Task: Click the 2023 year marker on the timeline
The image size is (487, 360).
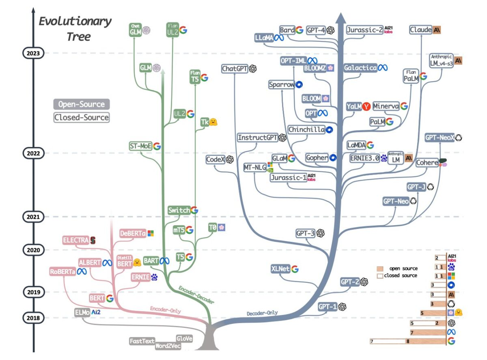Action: click(33, 53)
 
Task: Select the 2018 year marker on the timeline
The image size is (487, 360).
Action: click(33, 318)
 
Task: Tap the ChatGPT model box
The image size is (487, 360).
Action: click(235, 69)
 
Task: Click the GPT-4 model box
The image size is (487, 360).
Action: click(316, 30)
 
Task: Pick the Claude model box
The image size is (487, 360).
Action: click(420, 30)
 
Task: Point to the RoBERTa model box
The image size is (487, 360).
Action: click(63, 272)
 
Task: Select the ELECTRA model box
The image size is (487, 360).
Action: click(76, 240)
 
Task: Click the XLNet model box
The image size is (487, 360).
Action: click(280, 269)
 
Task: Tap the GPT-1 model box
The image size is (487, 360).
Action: click(328, 306)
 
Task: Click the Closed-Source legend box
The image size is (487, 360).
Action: click(82, 118)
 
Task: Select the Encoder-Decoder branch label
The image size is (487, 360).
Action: click(196, 294)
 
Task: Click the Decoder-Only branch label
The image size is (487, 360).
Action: click(262, 313)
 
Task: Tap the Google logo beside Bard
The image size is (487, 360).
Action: click(300, 30)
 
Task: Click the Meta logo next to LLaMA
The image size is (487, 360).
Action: click(278, 38)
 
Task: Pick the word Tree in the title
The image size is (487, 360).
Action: click(80, 37)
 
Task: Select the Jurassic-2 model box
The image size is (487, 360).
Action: click(364, 30)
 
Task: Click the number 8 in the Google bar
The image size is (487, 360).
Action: click(407, 341)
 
